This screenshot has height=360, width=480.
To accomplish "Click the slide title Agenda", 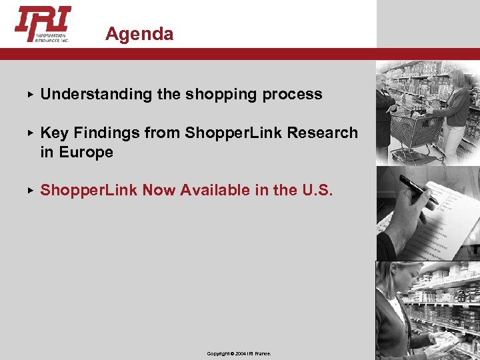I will coord(139,34).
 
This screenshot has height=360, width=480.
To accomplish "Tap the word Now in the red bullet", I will coord(158,191).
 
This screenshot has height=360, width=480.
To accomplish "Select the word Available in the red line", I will coord(215,191).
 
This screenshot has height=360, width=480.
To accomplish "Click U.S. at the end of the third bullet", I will coord(317,191).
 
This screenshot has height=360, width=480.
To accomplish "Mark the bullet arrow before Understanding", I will coord(30,95).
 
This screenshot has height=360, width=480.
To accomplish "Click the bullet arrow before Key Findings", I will coord(30,133).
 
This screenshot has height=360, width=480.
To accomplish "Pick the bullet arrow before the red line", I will coord(30,191).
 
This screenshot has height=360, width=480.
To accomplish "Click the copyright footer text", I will coord(239,353).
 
